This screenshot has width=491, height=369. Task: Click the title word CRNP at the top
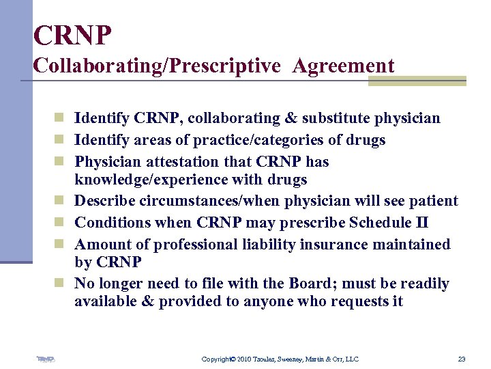pyautogui.click(x=72, y=35)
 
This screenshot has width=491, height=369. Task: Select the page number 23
pyautogui.click(x=462, y=359)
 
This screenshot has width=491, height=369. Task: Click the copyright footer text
pyautogui.click(x=280, y=359)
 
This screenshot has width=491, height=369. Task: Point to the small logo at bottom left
pyautogui.click(x=46, y=359)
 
